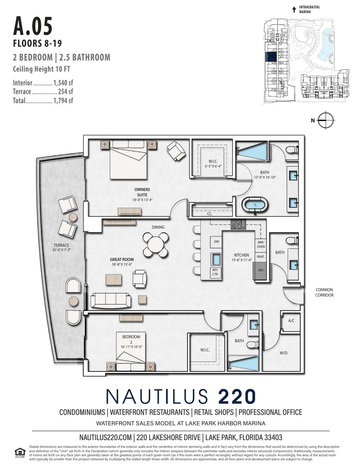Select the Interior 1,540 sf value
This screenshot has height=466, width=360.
point(63,83)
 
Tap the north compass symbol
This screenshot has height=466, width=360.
point(325,120)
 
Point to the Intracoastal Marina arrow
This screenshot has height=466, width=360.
point(294,9)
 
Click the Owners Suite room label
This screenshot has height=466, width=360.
point(142,192)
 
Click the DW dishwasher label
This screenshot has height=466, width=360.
point(216,241)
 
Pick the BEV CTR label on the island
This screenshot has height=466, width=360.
point(215,272)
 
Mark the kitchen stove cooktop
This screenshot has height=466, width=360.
point(238,224)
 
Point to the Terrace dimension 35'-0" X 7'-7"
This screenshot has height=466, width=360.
point(61,250)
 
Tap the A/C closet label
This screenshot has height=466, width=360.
point(291,321)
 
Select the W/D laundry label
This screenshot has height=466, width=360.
point(283,353)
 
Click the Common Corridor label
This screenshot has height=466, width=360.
point(324,292)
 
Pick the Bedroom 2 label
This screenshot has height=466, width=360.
point(131,339)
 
